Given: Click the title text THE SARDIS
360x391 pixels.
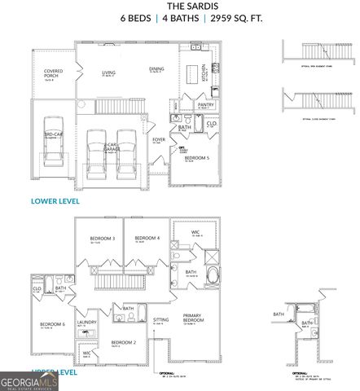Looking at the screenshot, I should coord(178,5).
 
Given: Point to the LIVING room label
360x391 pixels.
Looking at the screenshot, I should coord(108,73).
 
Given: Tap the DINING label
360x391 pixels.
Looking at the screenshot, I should coord(156,69).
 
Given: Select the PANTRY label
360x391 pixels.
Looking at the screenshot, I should coord(205,104).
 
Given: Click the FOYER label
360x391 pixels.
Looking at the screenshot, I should coord(159,139).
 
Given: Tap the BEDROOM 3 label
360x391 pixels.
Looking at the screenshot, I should coord(102,238).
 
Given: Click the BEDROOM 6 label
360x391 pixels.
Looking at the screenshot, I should coord(52,325).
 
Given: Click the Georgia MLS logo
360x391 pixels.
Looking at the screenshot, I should coord(29,380).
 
